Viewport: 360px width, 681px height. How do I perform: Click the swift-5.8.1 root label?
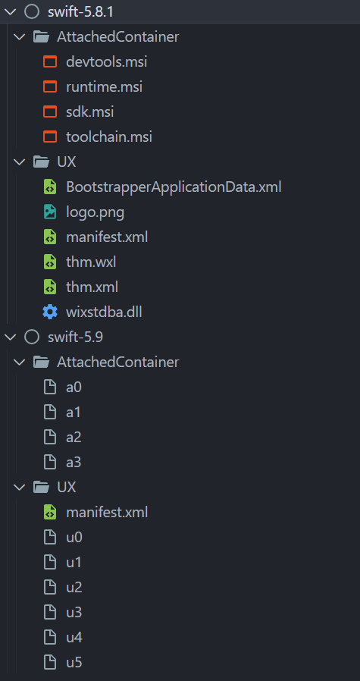pyautogui.click(x=80, y=11)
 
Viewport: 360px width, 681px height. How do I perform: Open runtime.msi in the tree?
pyautogui.click(x=104, y=86)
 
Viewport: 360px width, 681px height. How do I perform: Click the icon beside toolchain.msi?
pyautogui.click(x=50, y=137)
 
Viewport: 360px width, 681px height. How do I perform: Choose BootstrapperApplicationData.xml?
pyautogui.click(x=174, y=187)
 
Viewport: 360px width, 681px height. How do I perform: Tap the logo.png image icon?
pyautogui.click(x=50, y=212)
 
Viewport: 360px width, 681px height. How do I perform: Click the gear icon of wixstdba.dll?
pyautogui.click(x=50, y=312)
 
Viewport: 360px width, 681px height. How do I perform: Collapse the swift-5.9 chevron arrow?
pyautogui.click(x=10, y=337)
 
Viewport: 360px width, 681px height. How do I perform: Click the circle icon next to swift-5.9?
pyautogui.click(x=31, y=337)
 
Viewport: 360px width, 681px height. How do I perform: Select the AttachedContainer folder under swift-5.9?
pyautogui.click(x=117, y=362)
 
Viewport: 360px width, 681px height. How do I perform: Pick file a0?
pyautogui.click(x=74, y=387)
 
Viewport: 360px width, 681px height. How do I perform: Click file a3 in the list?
pyautogui.click(x=74, y=462)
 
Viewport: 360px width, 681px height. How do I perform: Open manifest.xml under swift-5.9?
pyautogui.click(x=107, y=512)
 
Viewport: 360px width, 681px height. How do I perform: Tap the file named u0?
pyautogui.click(x=74, y=537)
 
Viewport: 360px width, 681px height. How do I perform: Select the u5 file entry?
pyautogui.click(x=74, y=662)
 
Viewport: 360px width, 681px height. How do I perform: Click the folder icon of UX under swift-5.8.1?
pyautogui.click(x=40, y=162)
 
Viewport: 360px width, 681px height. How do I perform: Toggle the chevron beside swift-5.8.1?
pyautogui.click(x=10, y=11)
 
